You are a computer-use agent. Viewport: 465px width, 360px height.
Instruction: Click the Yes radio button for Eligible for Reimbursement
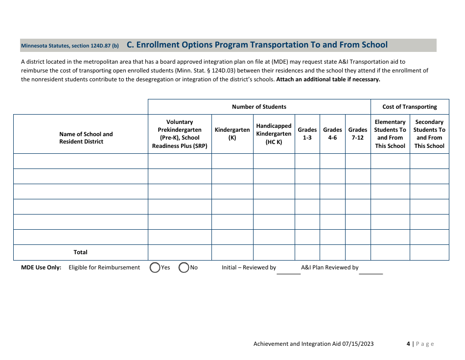(155, 267)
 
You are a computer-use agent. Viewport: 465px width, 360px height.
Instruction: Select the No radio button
(184, 267)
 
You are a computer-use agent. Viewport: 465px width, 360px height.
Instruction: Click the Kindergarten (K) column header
(232, 134)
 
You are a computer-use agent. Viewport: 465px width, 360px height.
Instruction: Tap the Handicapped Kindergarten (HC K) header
(274, 134)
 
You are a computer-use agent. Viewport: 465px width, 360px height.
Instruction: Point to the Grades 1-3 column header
(307, 134)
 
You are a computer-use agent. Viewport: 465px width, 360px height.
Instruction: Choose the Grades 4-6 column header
(332, 134)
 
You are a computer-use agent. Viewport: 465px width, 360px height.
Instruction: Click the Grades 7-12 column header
(358, 134)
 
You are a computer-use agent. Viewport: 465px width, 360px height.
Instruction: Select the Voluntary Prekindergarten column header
(180, 134)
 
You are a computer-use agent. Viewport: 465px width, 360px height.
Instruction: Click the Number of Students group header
(259, 107)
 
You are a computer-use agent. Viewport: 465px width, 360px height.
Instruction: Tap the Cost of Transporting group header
(409, 107)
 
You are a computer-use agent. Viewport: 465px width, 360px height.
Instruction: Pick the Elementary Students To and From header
(390, 134)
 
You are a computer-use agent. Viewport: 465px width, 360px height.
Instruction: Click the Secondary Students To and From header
(429, 134)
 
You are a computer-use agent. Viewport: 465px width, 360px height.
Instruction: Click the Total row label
(80, 252)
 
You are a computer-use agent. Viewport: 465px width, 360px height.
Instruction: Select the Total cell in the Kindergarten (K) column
(232, 252)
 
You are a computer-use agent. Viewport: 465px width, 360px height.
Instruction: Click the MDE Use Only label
(41, 267)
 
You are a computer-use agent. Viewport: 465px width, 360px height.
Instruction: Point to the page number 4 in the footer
(408, 344)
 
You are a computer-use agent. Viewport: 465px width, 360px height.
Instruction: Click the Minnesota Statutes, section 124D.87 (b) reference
(70, 46)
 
